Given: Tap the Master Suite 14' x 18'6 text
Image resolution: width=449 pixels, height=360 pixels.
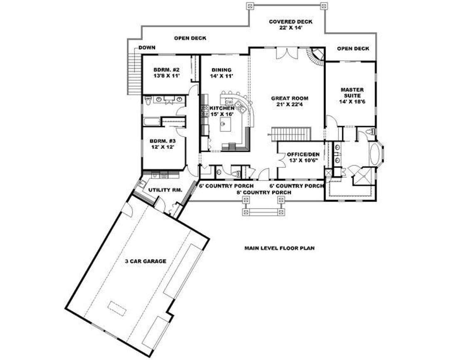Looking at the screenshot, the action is coord(352,95).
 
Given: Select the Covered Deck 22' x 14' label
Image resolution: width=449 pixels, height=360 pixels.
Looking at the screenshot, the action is coord(291,25).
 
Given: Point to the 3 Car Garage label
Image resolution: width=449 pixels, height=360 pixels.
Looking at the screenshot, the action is coord(146,261).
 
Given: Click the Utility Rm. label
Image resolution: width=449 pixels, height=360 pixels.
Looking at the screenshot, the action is coord(165,190).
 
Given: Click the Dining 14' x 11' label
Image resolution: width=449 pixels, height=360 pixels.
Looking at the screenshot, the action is coord(221,73).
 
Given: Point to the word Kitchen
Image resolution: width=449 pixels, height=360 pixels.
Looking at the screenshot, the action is coord(222,108).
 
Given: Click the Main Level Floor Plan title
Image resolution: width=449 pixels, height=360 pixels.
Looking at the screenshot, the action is coord(279,248).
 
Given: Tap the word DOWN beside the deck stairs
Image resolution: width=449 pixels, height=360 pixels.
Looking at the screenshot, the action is coord(147,47).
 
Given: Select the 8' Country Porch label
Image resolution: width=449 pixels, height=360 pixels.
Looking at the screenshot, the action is coord(264,192).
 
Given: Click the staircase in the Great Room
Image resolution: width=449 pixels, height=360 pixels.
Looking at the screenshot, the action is coord(291,134).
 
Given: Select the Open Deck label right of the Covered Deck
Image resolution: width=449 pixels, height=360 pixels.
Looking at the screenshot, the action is coord(353,48).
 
